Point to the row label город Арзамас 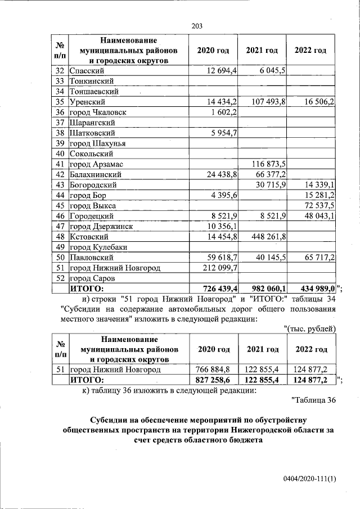coord(96,164)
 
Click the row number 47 coord(58,226)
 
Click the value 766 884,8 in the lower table coord(213,370)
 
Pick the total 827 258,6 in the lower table coord(213,380)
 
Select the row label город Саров coord(92,278)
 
